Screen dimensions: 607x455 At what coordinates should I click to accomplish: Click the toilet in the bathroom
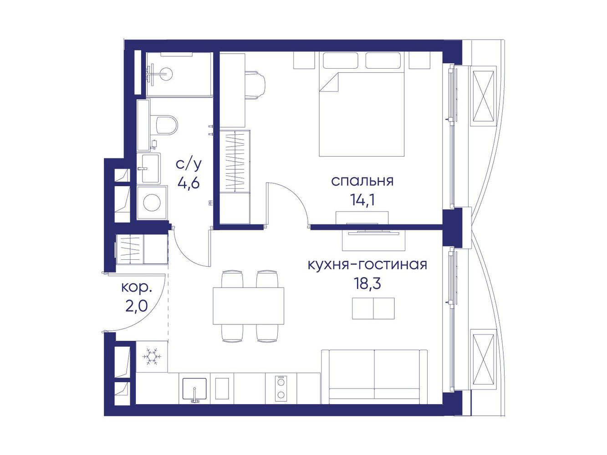click(x=166, y=125)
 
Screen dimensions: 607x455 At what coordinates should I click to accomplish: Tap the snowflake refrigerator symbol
click(x=152, y=356)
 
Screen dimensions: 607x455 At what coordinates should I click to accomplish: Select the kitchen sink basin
click(x=194, y=389)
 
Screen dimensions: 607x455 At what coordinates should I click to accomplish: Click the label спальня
click(x=362, y=181)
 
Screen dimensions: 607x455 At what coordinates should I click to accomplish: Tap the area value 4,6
click(x=189, y=183)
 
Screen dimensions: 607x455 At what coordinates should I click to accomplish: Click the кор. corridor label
click(x=137, y=288)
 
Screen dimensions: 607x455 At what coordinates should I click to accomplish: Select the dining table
click(x=248, y=306)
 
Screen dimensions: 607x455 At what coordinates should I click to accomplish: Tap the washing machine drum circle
click(x=152, y=203)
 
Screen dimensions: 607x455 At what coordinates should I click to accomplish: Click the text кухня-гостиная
click(x=367, y=264)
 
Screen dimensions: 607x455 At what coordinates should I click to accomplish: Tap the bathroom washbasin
click(x=150, y=168)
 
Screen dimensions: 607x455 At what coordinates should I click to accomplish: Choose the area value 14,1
click(x=362, y=200)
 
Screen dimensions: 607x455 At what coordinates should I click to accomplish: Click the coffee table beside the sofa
click(x=373, y=308)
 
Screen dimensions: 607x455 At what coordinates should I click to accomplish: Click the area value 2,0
click(x=137, y=306)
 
